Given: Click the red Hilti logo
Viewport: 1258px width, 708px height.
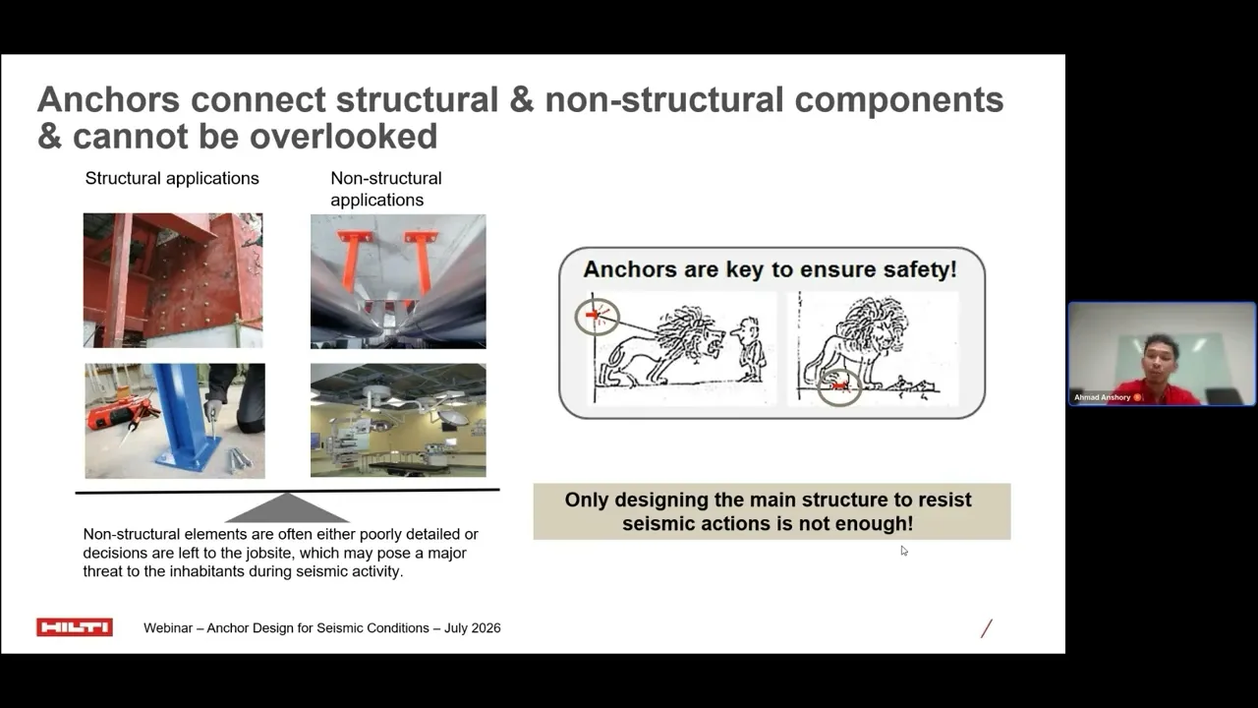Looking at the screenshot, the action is pyautogui.click(x=75, y=627).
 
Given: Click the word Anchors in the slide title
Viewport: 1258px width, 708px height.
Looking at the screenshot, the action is pyautogui.click(x=108, y=99).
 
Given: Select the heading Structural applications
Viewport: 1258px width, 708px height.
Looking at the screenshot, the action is pyautogui.click(x=172, y=178).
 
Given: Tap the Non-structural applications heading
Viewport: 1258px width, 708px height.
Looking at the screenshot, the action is pyautogui.click(x=386, y=189).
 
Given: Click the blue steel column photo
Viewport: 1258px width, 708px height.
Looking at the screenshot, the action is pyautogui.click(x=175, y=421).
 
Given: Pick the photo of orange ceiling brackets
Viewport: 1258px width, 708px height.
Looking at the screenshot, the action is pyautogui.click(x=398, y=281).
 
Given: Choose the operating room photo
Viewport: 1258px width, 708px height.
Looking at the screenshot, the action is pyautogui.click(x=398, y=420).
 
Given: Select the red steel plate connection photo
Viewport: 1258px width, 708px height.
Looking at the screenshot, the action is pyautogui.click(x=173, y=280).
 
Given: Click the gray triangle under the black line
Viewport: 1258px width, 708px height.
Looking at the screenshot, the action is pyautogui.click(x=287, y=508).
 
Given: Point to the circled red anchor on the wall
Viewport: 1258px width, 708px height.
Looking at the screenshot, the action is pyautogui.click(x=597, y=317).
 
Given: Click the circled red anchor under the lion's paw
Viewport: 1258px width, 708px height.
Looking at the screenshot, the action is pyautogui.click(x=839, y=386).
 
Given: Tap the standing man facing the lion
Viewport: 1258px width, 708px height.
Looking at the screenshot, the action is pyautogui.click(x=750, y=349).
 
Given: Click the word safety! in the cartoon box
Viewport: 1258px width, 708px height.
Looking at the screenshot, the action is pyautogui.click(x=920, y=269).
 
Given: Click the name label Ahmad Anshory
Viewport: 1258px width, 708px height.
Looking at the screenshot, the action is pyautogui.click(x=1102, y=397).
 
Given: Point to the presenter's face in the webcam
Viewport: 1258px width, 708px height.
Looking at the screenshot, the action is pyautogui.click(x=1159, y=359).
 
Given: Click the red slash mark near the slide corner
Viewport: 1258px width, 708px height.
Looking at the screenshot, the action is pyautogui.click(x=987, y=628).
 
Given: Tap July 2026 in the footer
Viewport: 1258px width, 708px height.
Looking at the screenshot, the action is pyautogui.click(x=473, y=627).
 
